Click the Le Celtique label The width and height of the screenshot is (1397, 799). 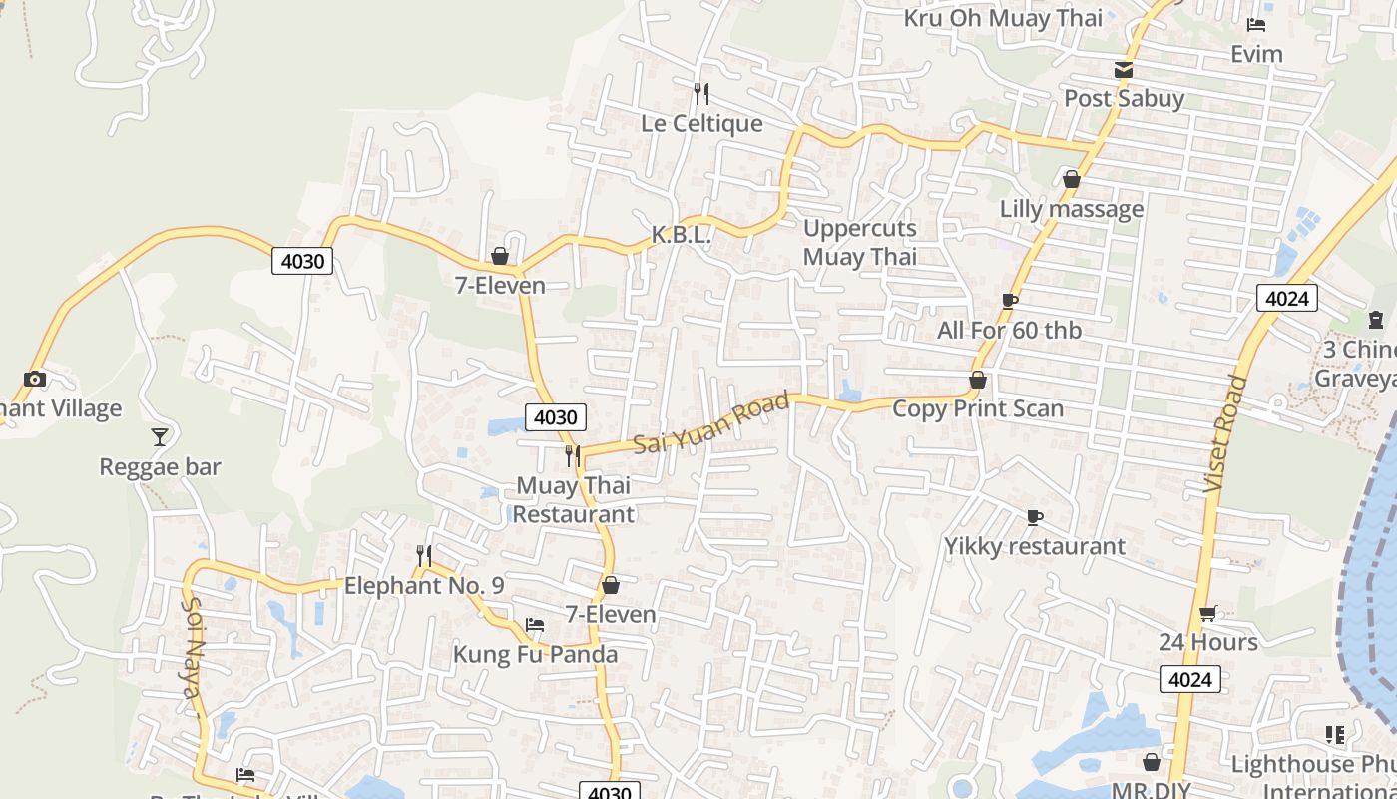click(701, 123)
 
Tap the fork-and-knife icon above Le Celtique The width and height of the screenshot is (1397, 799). click(701, 94)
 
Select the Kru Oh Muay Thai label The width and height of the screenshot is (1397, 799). click(1003, 18)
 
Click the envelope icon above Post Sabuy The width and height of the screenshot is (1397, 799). click(1124, 70)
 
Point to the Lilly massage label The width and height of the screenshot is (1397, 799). click(1072, 209)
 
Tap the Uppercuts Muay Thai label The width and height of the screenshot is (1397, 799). click(859, 242)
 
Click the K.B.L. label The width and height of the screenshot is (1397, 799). click(681, 235)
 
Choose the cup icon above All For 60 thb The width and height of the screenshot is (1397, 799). click(1009, 301)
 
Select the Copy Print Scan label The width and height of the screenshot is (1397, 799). click(977, 408)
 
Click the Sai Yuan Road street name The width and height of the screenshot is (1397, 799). click(711, 422)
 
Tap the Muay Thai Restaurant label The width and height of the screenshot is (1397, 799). click(573, 499)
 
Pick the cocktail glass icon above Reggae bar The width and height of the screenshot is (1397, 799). click(160, 437)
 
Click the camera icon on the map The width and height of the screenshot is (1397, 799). click(35, 380)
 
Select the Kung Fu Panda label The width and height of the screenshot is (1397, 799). click(535, 655)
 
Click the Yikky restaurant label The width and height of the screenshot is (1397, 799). click(1035, 546)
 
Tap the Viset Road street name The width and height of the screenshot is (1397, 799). click(1225, 432)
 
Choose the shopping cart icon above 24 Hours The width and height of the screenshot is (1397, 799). click(1207, 613)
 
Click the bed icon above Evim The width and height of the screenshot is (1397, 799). click(1256, 25)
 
